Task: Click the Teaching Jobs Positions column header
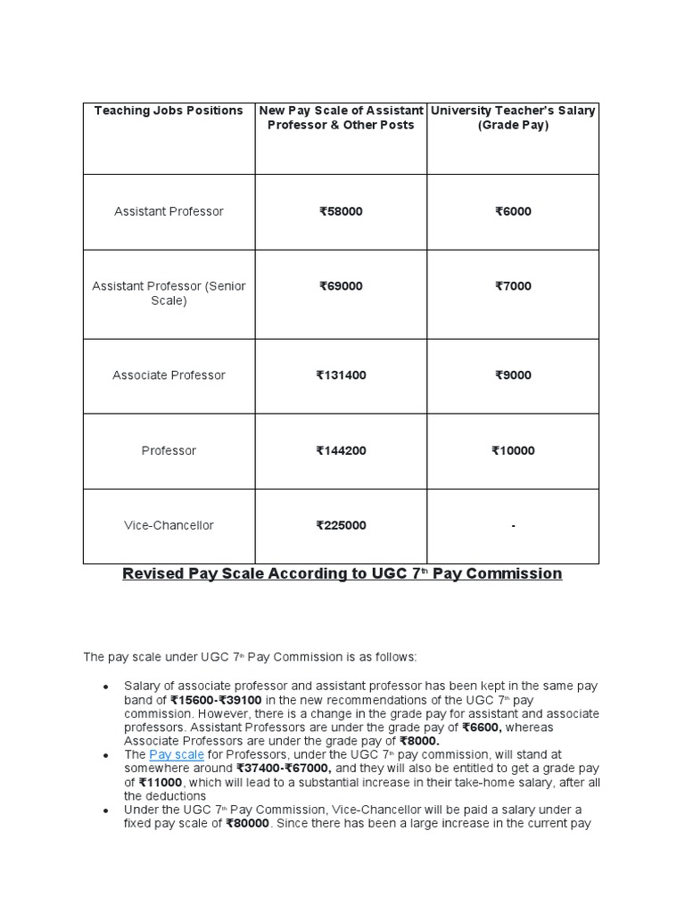coord(169,111)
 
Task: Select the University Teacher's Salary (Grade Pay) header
coord(513,118)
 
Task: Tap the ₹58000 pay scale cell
coord(341,211)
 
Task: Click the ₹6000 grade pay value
coord(513,211)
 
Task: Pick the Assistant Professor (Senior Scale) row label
coord(169,293)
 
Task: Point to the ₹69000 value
coord(341,286)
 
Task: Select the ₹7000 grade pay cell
coord(513,286)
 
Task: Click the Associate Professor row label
coord(169,375)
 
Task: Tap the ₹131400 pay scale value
coord(341,375)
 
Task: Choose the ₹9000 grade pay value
coord(513,375)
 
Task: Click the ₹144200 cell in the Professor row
coord(341,450)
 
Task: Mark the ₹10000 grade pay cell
coord(513,450)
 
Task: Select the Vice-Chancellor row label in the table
coord(169,525)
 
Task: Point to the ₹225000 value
coord(341,525)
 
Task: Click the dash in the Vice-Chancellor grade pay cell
coord(513,526)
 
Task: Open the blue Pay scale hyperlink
coord(177,754)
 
